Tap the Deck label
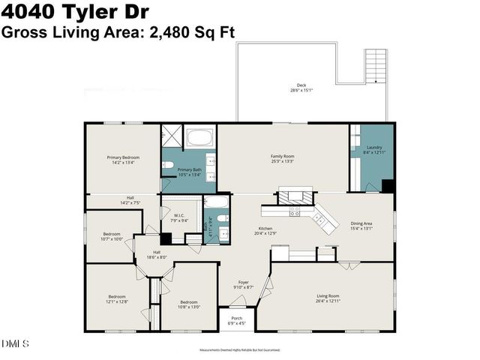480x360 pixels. point(301,85)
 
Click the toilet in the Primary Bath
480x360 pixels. point(169,164)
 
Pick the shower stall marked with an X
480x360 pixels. point(171,136)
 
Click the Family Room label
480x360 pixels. point(282,157)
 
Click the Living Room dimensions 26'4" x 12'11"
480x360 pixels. point(328,301)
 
